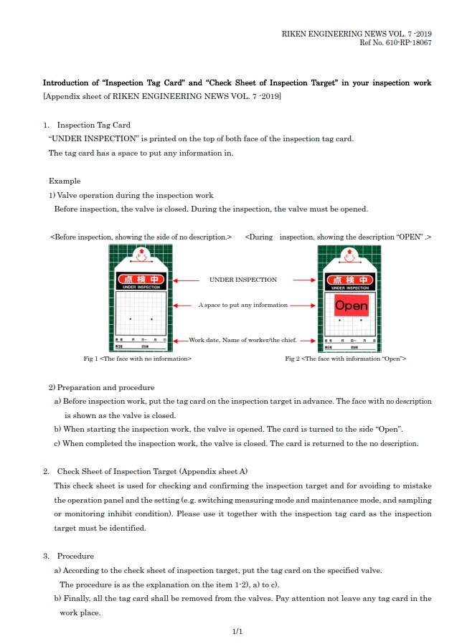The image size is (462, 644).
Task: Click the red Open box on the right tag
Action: [351, 306]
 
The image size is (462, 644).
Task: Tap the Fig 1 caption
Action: [137, 358]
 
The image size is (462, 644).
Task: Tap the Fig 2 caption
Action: [345, 358]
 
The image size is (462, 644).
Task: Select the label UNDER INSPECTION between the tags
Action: [242, 280]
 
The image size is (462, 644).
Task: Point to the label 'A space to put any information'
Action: [242, 305]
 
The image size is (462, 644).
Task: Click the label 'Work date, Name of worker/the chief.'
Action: [242, 340]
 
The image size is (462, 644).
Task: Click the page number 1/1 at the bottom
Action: [238, 631]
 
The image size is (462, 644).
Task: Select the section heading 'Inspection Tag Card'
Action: [93, 125]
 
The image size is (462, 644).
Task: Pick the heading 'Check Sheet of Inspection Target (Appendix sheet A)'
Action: [152, 471]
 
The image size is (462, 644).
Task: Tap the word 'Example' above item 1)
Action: [65, 181]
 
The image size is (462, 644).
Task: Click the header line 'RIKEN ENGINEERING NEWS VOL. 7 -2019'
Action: [356, 34]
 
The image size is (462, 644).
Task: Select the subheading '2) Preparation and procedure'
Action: [101, 387]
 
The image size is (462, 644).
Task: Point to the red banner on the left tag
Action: [141, 279]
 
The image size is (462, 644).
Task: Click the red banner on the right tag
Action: [349, 279]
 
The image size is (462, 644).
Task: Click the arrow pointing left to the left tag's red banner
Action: [186, 280]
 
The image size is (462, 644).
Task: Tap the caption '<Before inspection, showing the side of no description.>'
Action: [141, 237]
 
